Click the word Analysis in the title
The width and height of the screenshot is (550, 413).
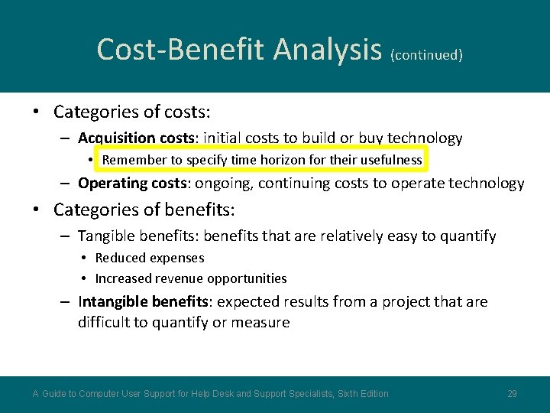pos(327,50)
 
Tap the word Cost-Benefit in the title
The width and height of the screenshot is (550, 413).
pos(182,50)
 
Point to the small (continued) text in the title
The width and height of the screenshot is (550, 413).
pos(426,55)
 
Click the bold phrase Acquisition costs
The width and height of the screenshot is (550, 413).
pos(137,138)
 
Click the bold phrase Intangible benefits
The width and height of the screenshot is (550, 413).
pos(143,301)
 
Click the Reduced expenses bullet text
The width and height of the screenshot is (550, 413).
pos(150,259)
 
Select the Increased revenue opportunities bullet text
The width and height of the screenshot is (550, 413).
pos(191,278)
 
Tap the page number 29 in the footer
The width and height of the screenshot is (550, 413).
pos(512,394)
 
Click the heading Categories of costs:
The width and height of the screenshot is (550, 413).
pos(131,112)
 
